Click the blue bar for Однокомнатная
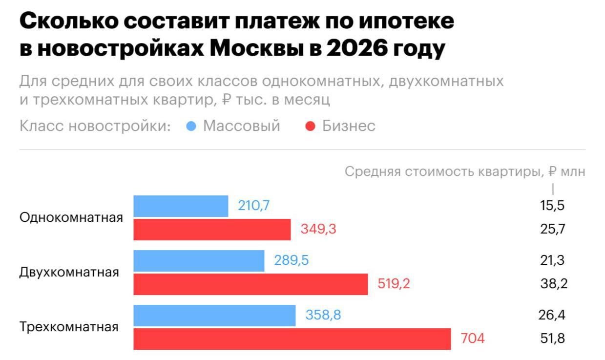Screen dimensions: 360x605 coord(181,206)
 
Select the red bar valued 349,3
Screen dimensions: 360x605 coord(212,230)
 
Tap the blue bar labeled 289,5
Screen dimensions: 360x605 coord(199,261)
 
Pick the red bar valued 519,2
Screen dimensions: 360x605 coord(250,284)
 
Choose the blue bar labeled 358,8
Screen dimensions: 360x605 coord(214,316)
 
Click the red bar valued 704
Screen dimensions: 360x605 coord(292,339)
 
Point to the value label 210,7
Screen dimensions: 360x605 coord(253,206)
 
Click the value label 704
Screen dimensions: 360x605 coord(473,338)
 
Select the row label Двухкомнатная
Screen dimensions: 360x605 coord(69,273)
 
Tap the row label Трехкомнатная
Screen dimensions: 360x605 coord(69,327)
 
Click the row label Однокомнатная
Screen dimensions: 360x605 coord(71,218)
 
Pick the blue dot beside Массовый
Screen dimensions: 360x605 coord(191,127)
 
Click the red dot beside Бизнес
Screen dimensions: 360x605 coord(310,127)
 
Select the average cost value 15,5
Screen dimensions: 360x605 coord(552,206)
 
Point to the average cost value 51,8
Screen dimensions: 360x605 coord(552,338)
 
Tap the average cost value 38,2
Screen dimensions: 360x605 coord(554,284)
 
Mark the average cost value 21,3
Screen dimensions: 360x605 coord(552,260)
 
